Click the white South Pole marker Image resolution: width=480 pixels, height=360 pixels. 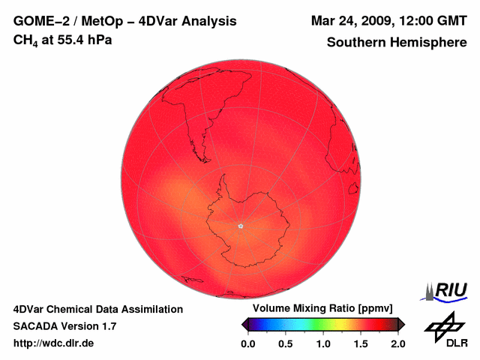(x=241, y=226)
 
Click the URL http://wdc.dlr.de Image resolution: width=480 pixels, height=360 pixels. (x=53, y=343)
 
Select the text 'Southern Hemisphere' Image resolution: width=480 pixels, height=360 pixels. (x=397, y=43)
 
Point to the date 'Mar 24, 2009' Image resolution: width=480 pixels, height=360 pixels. (x=346, y=21)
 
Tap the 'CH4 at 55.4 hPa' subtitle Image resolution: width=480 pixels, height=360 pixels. (x=63, y=40)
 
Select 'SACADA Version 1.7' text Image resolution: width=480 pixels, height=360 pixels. (x=64, y=326)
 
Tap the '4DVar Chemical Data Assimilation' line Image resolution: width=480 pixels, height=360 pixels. (x=97, y=309)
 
